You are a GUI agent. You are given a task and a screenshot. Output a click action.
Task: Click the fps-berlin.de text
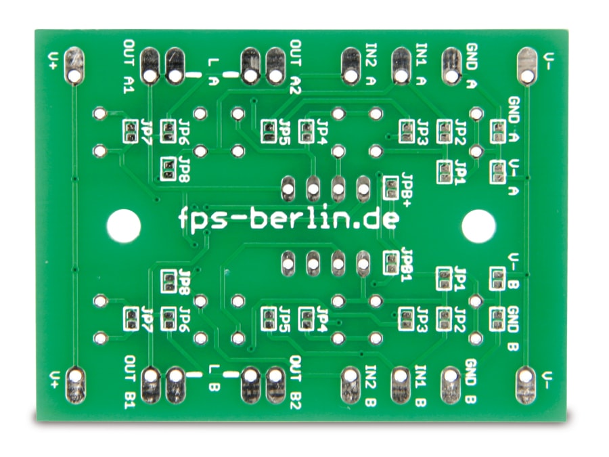[x=289, y=219]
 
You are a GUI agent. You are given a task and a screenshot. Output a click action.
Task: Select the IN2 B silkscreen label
[x=371, y=385]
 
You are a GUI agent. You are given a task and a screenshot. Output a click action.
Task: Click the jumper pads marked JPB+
[x=390, y=188]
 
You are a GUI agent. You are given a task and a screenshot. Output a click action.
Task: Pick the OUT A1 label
[x=129, y=66]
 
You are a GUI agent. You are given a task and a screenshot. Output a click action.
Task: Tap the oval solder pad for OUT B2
[x=275, y=385]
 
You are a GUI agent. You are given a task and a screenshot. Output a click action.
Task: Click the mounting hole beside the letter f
[x=124, y=225]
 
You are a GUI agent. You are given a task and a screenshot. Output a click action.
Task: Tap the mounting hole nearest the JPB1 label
[x=478, y=226]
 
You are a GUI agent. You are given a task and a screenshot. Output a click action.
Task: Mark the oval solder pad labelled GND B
[x=451, y=385]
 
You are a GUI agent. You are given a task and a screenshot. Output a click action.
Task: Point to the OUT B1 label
[x=130, y=382]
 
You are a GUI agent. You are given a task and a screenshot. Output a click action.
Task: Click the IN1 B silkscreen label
[x=421, y=385]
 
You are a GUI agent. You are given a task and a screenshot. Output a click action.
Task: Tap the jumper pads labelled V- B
[x=497, y=279]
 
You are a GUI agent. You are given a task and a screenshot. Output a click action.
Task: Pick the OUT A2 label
[x=296, y=67]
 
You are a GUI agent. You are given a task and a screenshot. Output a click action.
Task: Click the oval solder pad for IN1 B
[x=400, y=385]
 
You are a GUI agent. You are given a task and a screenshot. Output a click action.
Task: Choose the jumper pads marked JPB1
[x=390, y=263]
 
